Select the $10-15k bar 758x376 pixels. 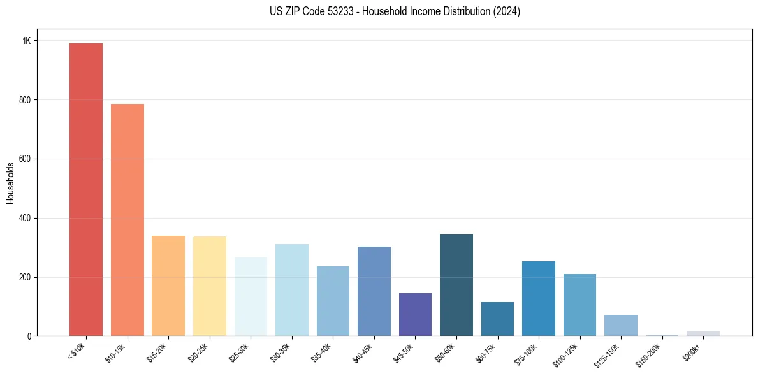pos(128,220)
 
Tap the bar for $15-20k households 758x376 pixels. pos(168,286)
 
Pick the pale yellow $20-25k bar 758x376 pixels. pos(210,286)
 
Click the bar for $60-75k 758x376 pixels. pos(497,319)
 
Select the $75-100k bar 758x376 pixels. pos(539,299)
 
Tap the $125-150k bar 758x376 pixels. pos(621,326)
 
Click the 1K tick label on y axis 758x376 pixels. pos(26,41)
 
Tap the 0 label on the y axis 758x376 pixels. pos(29,336)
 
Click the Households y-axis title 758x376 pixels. pos(10,183)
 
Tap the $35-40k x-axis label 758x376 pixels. pos(322,352)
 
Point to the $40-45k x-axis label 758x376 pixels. pos(363,352)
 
